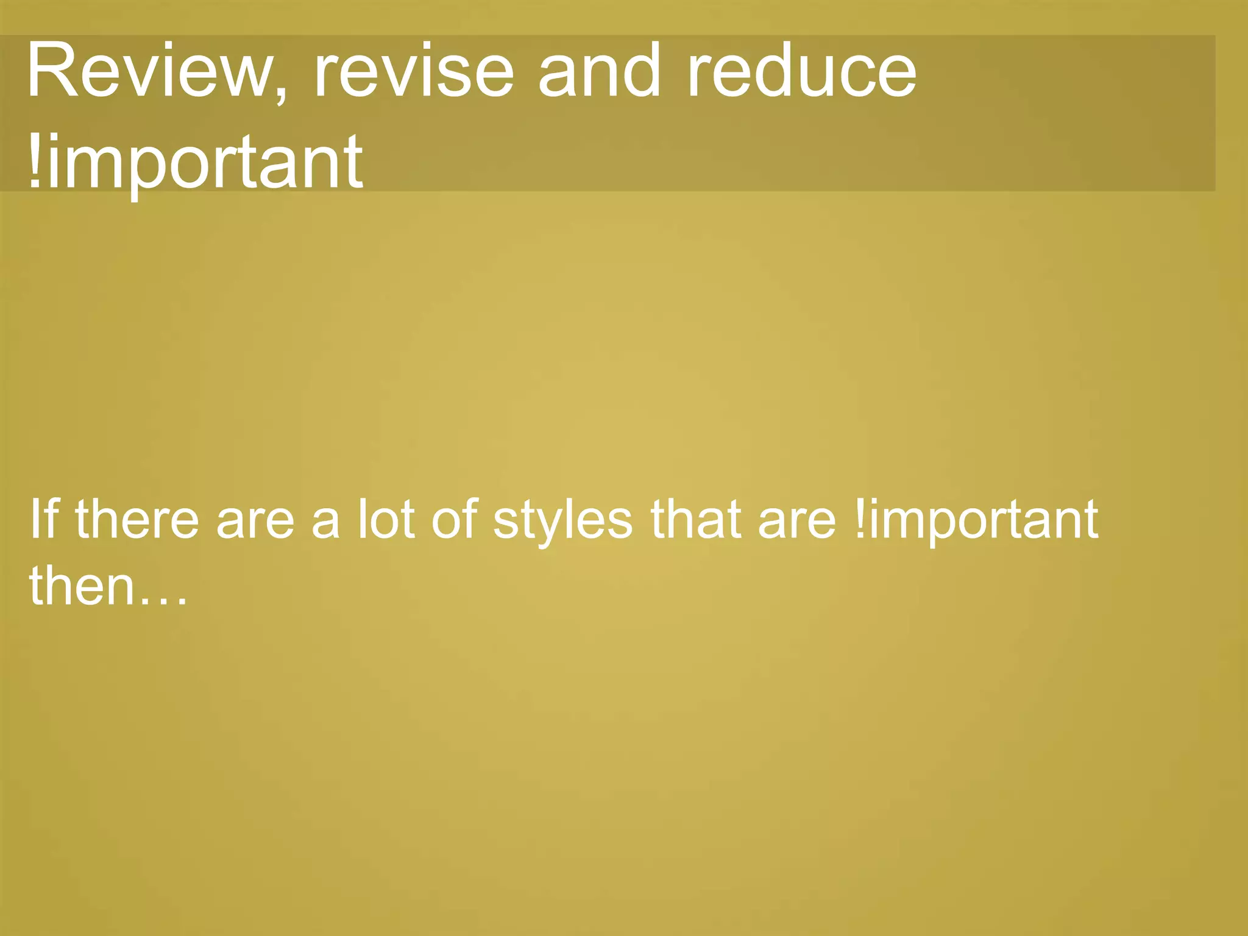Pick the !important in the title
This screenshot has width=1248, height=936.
click(195, 161)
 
